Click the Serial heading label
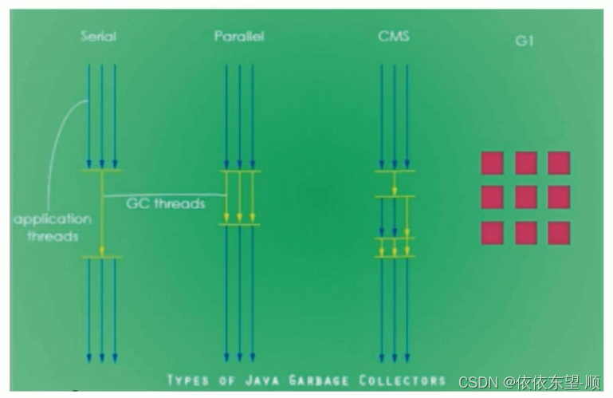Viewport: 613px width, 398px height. click(x=100, y=37)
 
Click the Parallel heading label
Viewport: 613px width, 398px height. click(x=239, y=37)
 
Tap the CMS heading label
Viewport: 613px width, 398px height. click(x=394, y=37)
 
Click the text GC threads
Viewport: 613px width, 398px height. click(x=166, y=203)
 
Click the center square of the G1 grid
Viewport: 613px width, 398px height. click(x=525, y=197)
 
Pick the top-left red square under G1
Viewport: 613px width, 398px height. click(x=492, y=163)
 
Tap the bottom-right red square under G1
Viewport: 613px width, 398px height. click(x=559, y=233)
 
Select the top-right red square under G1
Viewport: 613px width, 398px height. click(x=559, y=163)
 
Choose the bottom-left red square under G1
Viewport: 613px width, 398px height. click(x=492, y=233)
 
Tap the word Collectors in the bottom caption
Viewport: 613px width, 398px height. click(x=407, y=380)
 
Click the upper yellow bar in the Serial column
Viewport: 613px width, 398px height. click(x=101, y=171)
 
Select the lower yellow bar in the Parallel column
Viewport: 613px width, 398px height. click(x=240, y=224)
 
